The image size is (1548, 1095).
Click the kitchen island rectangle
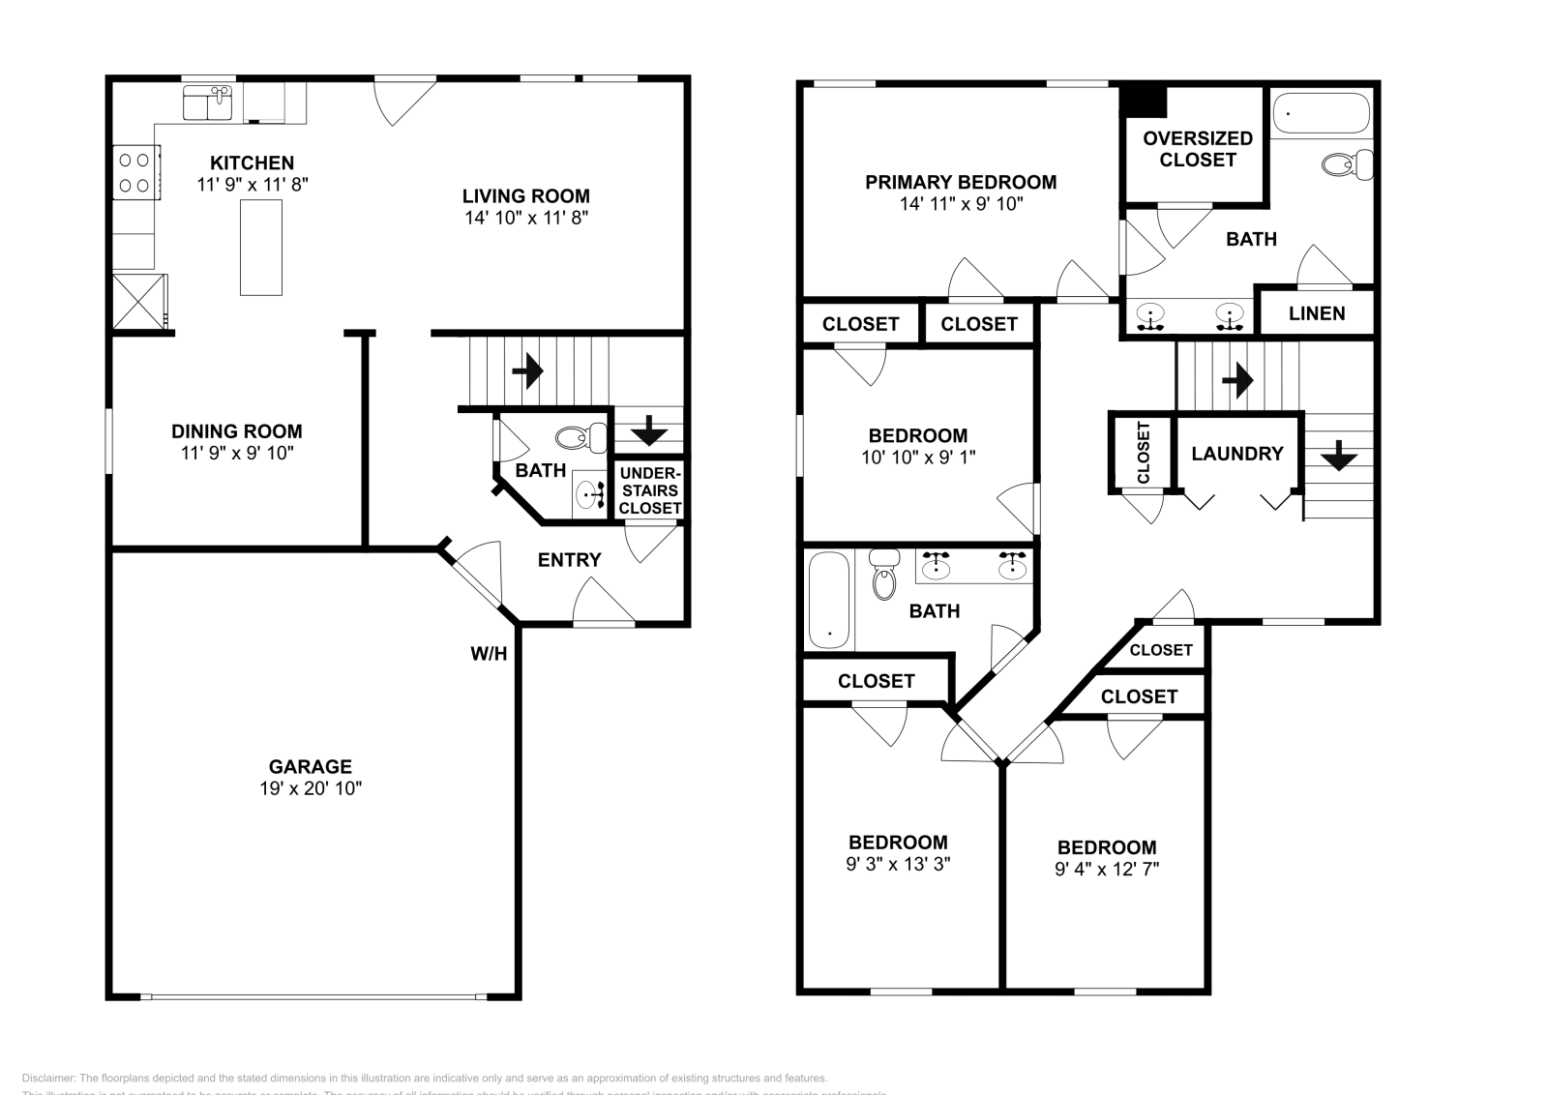tap(261, 247)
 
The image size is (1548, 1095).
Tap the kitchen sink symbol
tap(207, 104)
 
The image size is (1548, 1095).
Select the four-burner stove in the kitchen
tap(135, 172)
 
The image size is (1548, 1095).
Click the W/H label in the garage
tap(489, 654)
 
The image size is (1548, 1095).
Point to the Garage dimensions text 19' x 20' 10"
tap(311, 788)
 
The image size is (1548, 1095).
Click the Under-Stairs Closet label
tap(650, 490)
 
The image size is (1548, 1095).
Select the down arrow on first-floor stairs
tap(648, 429)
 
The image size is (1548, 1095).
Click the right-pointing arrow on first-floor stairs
tap(527, 370)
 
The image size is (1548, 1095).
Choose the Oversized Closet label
tap(1197, 149)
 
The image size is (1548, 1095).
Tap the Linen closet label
tap(1317, 313)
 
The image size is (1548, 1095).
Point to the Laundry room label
tap(1237, 453)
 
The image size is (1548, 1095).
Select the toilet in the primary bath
tap(1348, 164)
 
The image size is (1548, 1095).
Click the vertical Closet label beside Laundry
tap(1144, 453)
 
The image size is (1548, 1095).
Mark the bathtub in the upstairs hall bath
tap(830, 600)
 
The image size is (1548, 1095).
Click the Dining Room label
tap(237, 431)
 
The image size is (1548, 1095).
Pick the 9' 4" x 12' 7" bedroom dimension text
tap(1107, 869)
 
